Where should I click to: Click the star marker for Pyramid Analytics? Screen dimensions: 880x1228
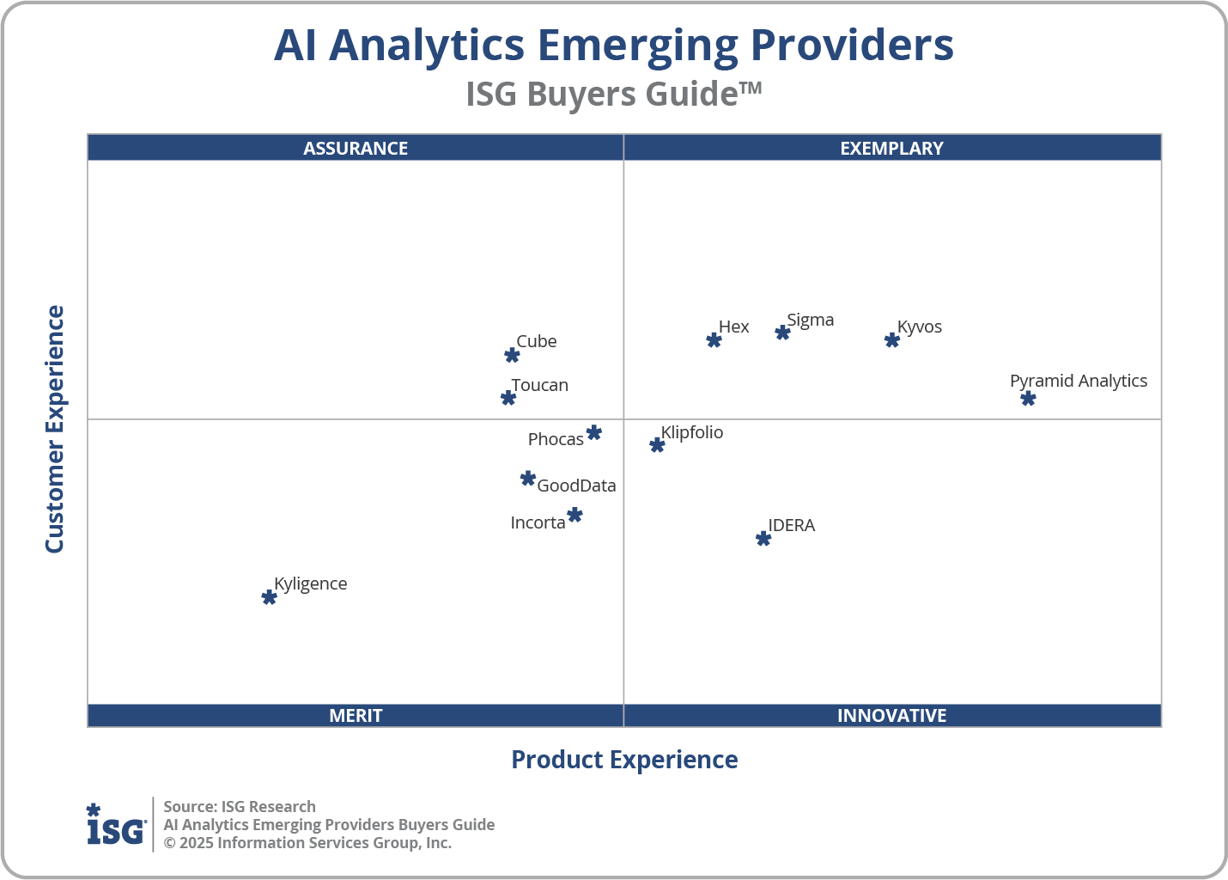click(x=1028, y=399)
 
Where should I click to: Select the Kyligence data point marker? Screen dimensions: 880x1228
click(x=269, y=597)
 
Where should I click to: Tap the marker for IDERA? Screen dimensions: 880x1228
click(x=763, y=539)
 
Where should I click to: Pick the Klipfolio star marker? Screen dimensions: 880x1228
click(x=657, y=445)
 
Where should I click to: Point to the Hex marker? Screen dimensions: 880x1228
click(x=714, y=340)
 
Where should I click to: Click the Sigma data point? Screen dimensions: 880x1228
click(x=782, y=333)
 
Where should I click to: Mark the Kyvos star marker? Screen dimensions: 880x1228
click(x=892, y=340)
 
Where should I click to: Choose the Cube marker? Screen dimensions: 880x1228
click(x=512, y=356)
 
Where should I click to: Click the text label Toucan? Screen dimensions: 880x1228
click(x=539, y=385)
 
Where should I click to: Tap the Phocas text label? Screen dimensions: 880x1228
click(x=556, y=439)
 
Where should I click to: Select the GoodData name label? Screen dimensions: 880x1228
click(x=576, y=486)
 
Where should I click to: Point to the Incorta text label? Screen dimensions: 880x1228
click(x=538, y=522)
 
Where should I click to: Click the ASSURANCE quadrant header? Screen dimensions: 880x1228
click(x=356, y=148)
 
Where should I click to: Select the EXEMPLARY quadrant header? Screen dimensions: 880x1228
click(x=891, y=148)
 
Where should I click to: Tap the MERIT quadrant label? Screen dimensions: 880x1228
click(x=356, y=715)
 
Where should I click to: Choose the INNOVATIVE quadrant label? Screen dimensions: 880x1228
click(x=891, y=715)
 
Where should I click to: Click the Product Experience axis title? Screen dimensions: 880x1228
click(x=624, y=760)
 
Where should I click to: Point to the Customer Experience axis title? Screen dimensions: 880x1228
click(x=55, y=430)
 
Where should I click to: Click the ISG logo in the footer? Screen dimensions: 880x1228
click(x=116, y=825)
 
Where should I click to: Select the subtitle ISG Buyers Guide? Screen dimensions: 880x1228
click(x=613, y=94)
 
